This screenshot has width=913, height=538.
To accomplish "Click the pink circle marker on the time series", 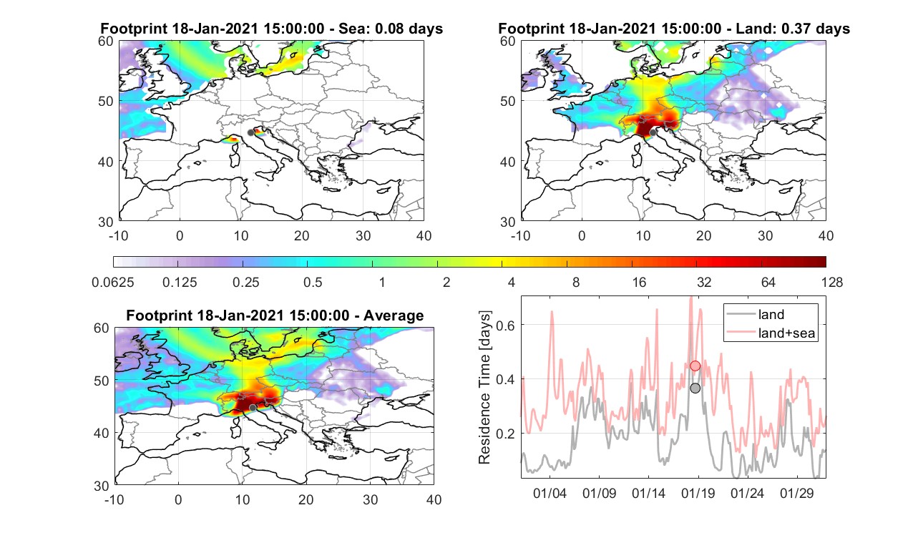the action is (x=695, y=366).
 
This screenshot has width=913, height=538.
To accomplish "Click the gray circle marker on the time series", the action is (x=695, y=388).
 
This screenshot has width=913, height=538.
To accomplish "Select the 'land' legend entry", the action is (x=771, y=314).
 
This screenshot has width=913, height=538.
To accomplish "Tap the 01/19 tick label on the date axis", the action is (x=698, y=494).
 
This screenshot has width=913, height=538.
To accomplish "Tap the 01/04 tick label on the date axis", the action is (x=550, y=494).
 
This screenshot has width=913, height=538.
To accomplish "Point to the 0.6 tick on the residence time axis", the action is (x=505, y=325).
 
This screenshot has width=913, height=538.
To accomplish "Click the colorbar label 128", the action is (x=832, y=282).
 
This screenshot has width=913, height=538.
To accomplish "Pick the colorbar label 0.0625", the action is (x=113, y=282).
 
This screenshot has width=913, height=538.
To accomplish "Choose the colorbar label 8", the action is (x=575, y=282).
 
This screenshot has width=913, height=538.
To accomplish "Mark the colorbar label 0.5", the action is (x=313, y=282).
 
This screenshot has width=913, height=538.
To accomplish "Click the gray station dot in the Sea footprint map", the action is (x=250, y=133).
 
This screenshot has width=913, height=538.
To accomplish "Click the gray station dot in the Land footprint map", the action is (x=653, y=132).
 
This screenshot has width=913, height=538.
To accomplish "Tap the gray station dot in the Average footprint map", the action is (x=253, y=408).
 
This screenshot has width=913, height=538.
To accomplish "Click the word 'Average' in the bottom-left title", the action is (x=394, y=316).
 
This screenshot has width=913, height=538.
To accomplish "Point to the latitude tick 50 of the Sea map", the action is (x=106, y=101).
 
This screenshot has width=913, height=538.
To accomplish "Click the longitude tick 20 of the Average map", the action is (x=306, y=499).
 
